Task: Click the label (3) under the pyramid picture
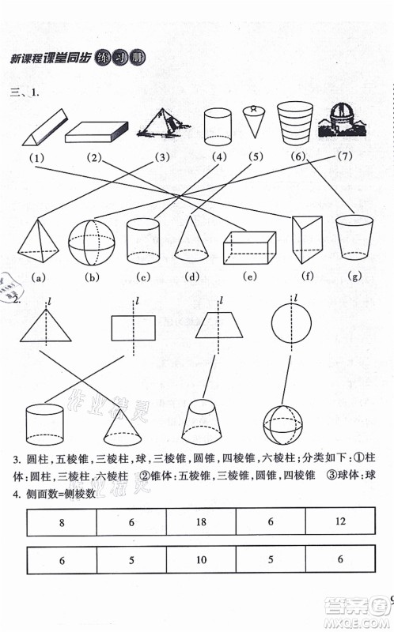[163, 156]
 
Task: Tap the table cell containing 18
[201, 522]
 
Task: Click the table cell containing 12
[339, 522]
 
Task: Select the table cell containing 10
[201, 559]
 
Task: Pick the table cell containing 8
[62, 522]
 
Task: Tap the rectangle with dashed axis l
[132, 327]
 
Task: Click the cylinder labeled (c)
[143, 241]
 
